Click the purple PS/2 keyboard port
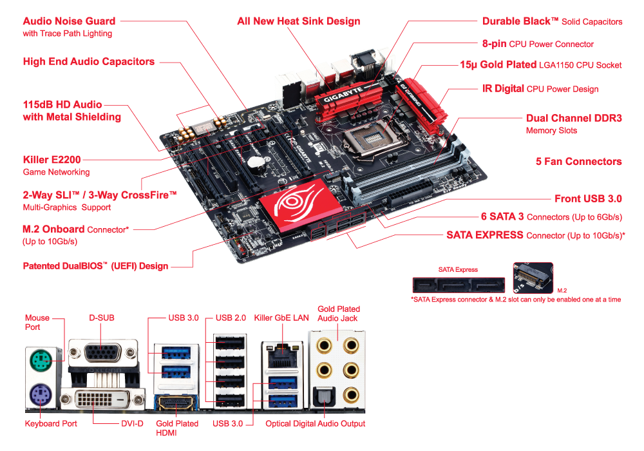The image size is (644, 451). tap(41, 395)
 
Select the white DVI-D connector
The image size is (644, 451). tap(102, 399)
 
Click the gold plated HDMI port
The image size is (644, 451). tap(176, 403)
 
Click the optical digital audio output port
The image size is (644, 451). tap(324, 396)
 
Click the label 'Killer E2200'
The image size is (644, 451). tap(52, 159)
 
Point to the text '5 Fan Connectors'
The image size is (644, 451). tap(579, 162)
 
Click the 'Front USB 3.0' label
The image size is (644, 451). tap(588, 199)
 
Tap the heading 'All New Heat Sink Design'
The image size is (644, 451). tap(299, 21)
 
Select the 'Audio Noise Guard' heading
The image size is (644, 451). tap(69, 21)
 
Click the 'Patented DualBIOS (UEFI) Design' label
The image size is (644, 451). tap(96, 265)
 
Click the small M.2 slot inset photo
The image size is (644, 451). tap(533, 278)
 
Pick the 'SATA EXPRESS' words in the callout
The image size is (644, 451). tap(485, 235)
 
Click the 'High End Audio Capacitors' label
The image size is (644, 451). tap(89, 62)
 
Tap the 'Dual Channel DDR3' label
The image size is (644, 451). tap(574, 119)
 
